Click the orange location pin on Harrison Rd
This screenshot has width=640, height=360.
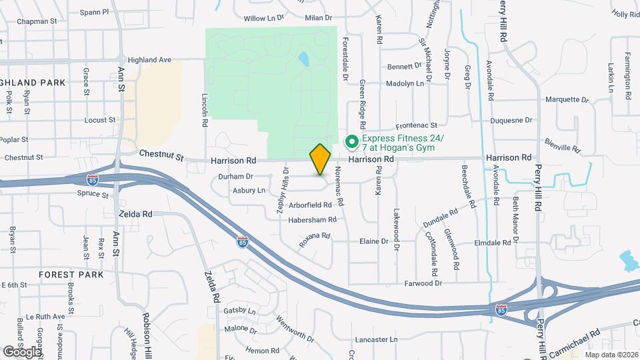click(x=320, y=159)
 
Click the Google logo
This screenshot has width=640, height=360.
click(x=22, y=351)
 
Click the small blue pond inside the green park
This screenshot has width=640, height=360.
click(x=304, y=59)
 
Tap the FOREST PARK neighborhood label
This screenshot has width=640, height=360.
click(x=71, y=275)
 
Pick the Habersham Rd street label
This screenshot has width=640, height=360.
click(x=312, y=219)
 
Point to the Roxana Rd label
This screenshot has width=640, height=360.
click(x=315, y=239)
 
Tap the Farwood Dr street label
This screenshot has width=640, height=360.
click(x=423, y=283)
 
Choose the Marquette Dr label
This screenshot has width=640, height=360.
click(x=567, y=100)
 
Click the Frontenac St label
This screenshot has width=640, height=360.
click(x=416, y=125)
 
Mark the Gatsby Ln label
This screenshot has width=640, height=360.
click(x=240, y=311)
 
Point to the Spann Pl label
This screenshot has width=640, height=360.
click(x=94, y=12)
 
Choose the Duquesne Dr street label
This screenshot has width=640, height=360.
click(x=511, y=121)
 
